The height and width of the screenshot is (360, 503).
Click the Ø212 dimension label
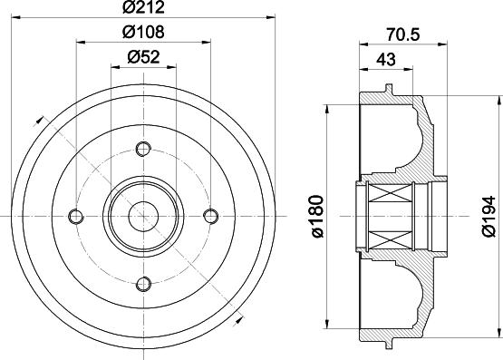(143, 7)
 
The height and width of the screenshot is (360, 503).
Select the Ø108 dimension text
(143, 32)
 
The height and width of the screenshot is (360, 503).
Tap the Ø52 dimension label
(143, 57)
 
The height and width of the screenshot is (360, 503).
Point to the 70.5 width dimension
(403, 34)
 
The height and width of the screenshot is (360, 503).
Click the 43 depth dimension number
(386, 59)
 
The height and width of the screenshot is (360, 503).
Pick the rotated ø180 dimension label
(317, 216)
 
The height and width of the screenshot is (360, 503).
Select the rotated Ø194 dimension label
(488, 216)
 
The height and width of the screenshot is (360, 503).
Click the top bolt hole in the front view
(143, 149)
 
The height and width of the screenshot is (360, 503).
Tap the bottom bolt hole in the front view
(143, 284)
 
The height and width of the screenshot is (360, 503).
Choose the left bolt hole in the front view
(76, 216)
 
